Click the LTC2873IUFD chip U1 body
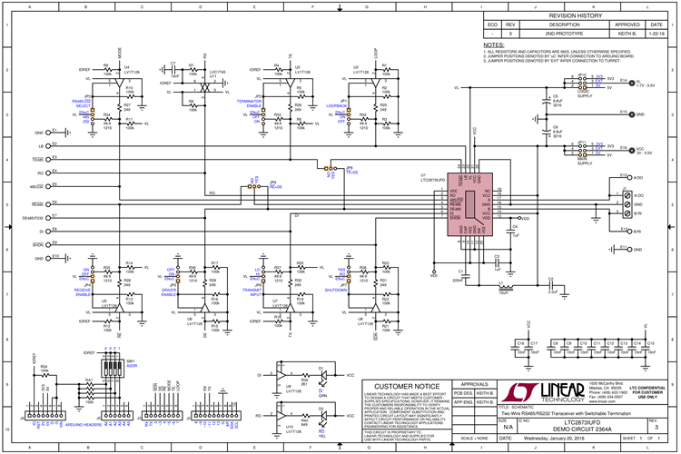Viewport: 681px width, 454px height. coord(467,208)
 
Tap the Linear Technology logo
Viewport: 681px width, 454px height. coord(547,391)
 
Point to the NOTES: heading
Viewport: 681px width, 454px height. coord(494,44)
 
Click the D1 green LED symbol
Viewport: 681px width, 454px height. coord(321,373)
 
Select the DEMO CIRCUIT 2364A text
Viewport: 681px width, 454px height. coord(579,429)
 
